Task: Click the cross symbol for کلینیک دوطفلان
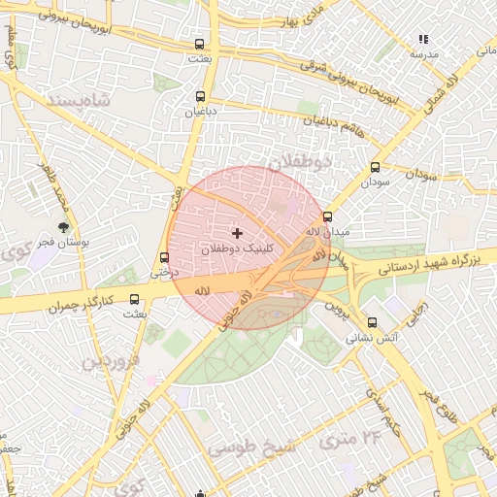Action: coord(237,233)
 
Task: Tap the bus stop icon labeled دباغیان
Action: coord(201,96)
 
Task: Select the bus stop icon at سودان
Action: coord(375,167)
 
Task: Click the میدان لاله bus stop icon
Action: coord(327,217)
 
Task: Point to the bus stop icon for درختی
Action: coord(163,258)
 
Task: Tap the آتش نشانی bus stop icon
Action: coord(372,323)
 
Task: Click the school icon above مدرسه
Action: coord(422,39)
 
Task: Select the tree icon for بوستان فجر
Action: coord(64,227)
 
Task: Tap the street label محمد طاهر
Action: coord(50,189)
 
